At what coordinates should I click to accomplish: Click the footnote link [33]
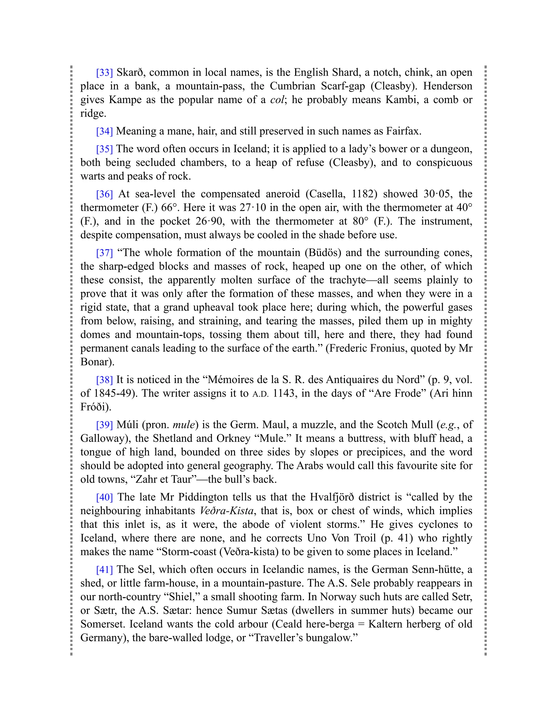pos(104,72)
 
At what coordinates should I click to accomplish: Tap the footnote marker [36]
pos(104,194)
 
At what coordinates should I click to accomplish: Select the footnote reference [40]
pos(104,497)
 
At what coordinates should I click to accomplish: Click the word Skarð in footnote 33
pos(130,72)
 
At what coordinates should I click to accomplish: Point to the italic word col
pos(277,100)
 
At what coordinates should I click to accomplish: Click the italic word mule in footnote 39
pos(184,424)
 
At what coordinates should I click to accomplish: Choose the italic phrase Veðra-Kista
pos(227,511)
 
